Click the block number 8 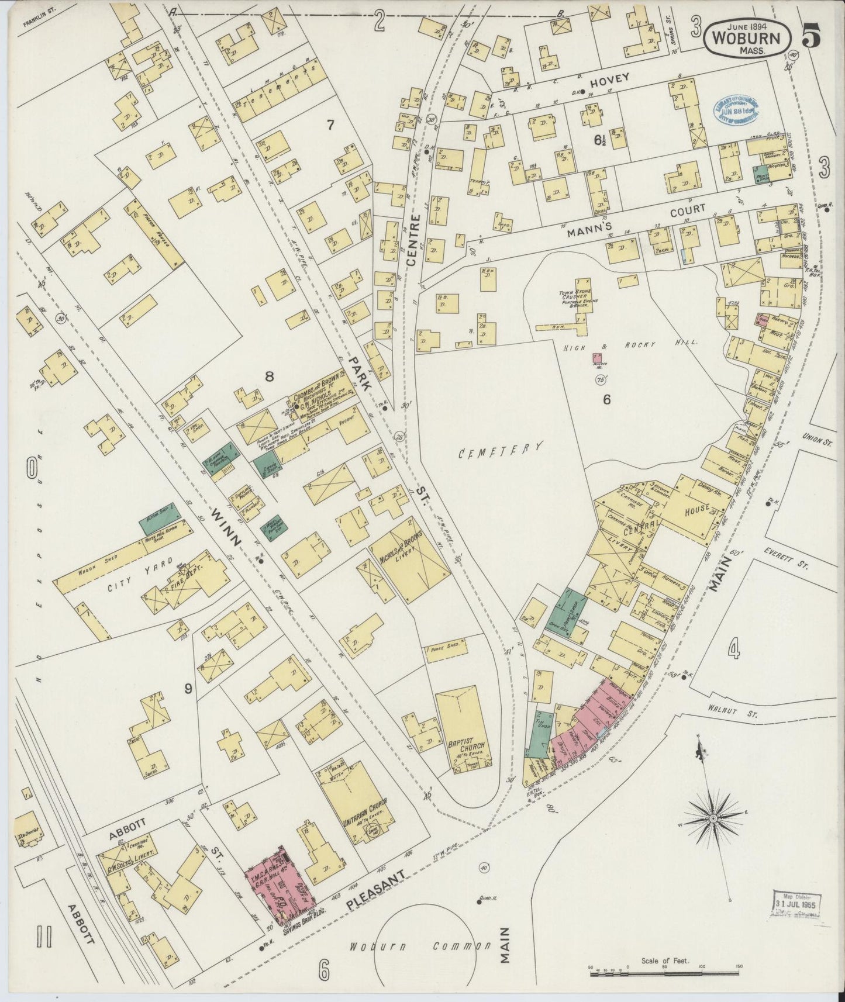[269, 377]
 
